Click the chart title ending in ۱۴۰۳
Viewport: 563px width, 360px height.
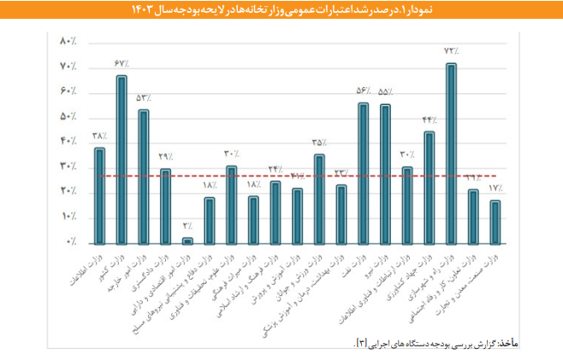point(281,9)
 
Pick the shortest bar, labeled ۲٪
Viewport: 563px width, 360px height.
point(187,240)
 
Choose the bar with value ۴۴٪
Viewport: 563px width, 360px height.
point(430,187)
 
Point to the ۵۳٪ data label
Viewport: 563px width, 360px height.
point(143,98)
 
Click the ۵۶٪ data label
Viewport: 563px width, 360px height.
point(363,91)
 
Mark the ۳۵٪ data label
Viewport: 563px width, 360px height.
point(318,142)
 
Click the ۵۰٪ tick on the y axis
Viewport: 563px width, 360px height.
point(68,117)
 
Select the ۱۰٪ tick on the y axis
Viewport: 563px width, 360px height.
point(68,217)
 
